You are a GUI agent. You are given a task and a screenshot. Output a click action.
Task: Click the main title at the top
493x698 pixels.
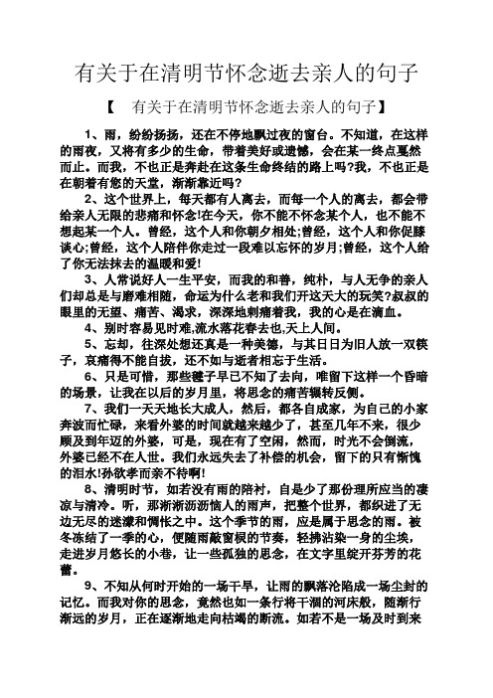246,74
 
